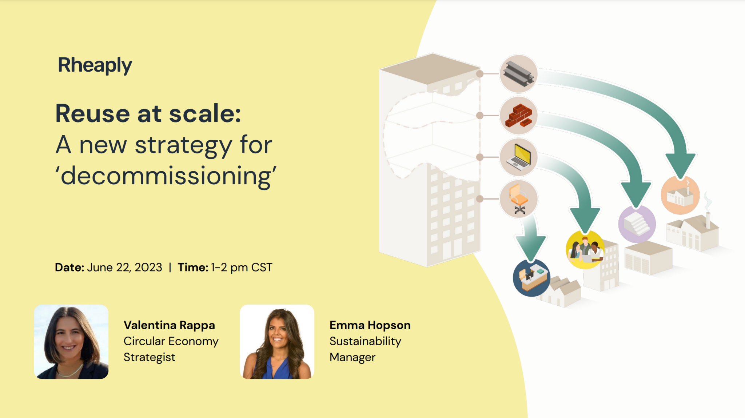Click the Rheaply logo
95,65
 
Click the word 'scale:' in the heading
205,113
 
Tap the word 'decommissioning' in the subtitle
166,176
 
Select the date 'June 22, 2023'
125,268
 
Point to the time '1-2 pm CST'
242,268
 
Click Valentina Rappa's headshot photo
71,342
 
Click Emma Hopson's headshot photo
277,342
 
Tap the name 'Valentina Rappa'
169,325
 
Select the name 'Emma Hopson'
370,325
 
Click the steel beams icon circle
518,74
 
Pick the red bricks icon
518,116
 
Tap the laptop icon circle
518,157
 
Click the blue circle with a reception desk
531,278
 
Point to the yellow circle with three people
585,249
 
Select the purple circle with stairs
637,224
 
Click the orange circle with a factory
680,195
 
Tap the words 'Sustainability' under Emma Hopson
365,341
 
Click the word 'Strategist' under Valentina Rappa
149,357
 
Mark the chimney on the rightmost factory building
708,220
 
